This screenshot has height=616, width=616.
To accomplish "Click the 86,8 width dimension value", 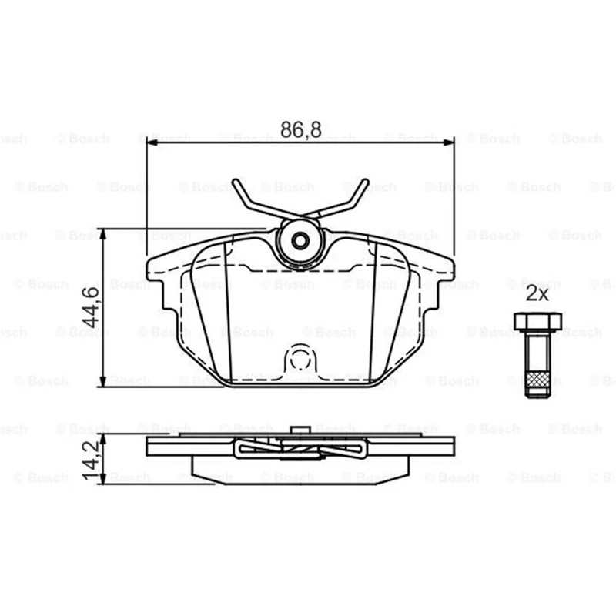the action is [300, 129].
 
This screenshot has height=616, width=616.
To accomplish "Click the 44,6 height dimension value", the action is [92, 307].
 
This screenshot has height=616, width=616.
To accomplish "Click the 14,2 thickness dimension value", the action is [91, 460].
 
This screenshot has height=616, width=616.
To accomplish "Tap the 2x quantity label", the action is [537, 293].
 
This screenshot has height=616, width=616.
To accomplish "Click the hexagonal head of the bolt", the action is [537, 321].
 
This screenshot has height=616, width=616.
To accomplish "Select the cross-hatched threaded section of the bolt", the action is [537, 379].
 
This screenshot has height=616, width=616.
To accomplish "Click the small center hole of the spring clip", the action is [300, 240].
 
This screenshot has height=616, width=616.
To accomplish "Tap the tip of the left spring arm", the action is [236, 182].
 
